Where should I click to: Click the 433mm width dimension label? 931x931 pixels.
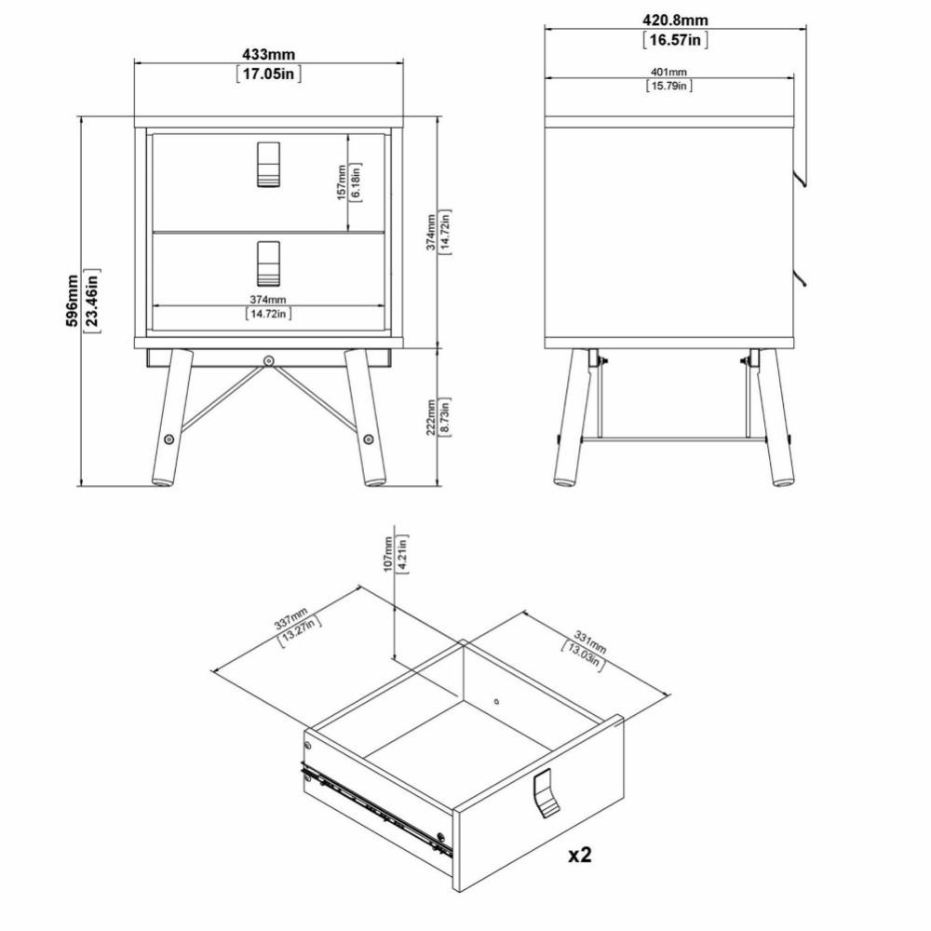268,55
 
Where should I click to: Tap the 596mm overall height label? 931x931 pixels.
72,301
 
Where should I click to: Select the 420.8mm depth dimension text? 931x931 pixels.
675,20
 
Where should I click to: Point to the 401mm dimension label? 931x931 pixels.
669,72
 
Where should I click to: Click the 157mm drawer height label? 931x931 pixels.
342,182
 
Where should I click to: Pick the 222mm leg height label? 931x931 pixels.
432,417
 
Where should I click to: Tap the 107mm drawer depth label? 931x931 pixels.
388,554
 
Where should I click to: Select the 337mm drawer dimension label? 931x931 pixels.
290,619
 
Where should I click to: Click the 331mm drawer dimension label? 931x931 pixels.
590,641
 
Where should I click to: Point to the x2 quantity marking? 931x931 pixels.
580,855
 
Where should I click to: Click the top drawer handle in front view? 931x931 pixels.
269,165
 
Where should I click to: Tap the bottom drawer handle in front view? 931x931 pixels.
269,263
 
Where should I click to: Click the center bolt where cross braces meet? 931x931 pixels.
269,360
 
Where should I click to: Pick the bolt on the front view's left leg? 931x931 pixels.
169,439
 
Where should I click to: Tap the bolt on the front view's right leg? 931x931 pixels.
368,439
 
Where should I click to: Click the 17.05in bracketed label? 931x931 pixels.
269,74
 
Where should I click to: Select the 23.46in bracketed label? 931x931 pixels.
92,301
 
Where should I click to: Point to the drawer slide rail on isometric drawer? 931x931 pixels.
377,810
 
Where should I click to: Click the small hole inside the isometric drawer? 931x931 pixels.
496,701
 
